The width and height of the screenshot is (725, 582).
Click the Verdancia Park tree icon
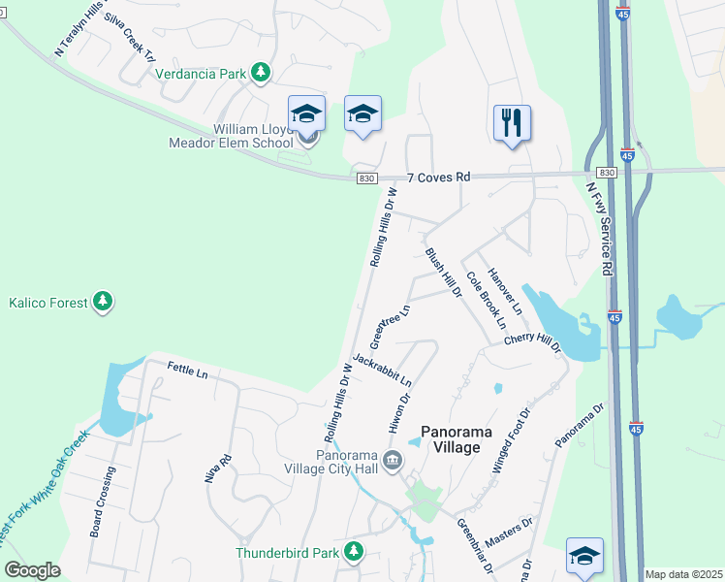pyautogui.click(x=260, y=72)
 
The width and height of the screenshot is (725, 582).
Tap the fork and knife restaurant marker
pyautogui.click(x=512, y=123)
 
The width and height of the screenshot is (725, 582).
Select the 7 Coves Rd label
pyautogui.click(x=438, y=178)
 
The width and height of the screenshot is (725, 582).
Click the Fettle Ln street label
pyautogui.click(x=188, y=372)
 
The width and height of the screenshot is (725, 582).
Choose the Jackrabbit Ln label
pyautogui.click(x=383, y=369)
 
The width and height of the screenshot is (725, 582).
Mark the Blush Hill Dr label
pyautogui.click(x=441, y=272)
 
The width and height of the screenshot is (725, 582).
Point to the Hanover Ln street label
pyautogui.click(x=505, y=290)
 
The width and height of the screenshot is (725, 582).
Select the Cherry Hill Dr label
pyautogui.click(x=533, y=343)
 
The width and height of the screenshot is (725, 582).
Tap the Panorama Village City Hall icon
pyautogui.click(x=394, y=459)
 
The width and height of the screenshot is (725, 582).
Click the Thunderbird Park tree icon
pyautogui.click(x=354, y=552)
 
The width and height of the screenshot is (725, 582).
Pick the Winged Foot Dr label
pyautogui.click(x=513, y=439)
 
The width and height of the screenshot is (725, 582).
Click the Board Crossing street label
pyautogui.click(x=102, y=501)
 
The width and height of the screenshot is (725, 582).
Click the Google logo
pyautogui.click(x=33, y=570)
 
